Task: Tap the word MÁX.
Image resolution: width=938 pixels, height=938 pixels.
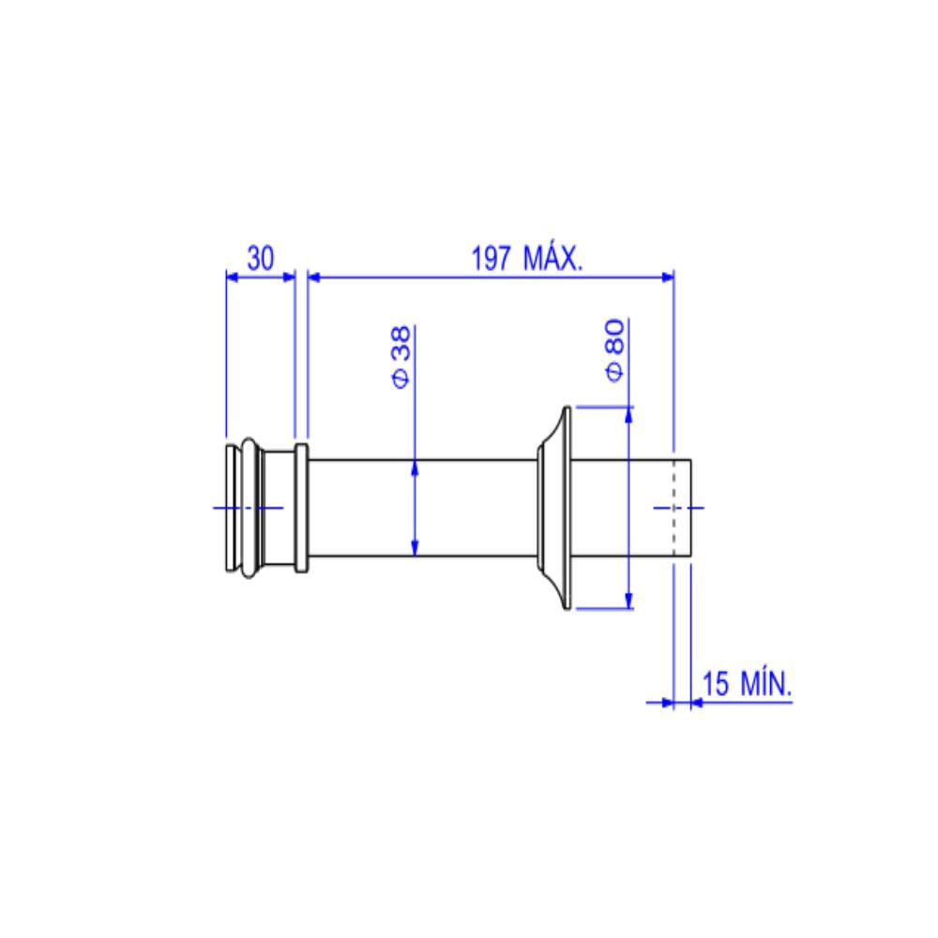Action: (552, 258)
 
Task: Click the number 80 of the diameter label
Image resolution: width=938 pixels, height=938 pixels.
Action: (615, 337)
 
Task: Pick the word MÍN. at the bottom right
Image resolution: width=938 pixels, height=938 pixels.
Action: (765, 683)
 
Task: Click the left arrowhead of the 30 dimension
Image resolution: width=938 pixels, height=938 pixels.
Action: (233, 276)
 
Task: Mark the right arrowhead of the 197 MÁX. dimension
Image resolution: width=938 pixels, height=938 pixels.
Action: (667, 276)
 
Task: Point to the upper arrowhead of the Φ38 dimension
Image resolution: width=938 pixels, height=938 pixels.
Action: (415, 468)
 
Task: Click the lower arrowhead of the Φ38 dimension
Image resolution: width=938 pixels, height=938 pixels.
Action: (415, 548)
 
